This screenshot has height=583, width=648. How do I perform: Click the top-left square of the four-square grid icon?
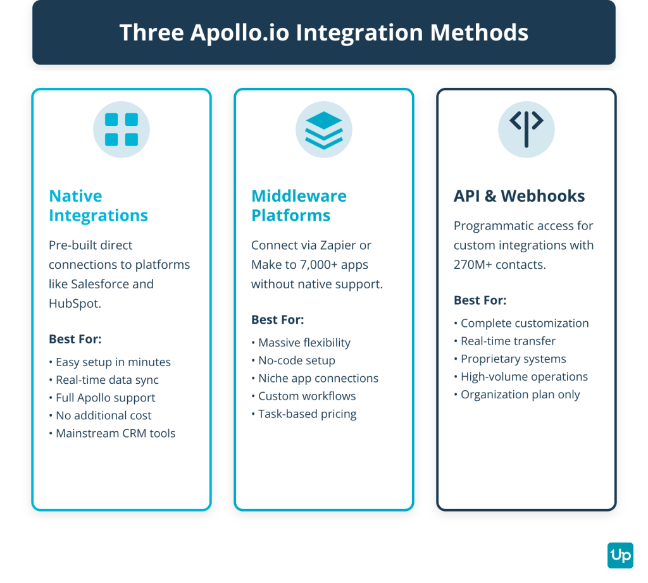tap(111, 120)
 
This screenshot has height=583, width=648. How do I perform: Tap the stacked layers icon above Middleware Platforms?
tap(324, 130)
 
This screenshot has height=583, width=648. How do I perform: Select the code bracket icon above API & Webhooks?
tap(526, 129)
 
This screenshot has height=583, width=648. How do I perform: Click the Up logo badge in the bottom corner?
tap(620, 555)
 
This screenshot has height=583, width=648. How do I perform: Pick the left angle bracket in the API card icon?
tap(515, 121)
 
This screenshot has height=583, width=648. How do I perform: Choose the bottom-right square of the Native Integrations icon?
tap(132, 140)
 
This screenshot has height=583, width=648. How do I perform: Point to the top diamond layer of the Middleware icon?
tap(324, 120)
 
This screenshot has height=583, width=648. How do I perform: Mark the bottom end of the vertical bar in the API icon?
tap(526, 145)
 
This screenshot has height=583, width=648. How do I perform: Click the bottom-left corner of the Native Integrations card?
tap(32, 510)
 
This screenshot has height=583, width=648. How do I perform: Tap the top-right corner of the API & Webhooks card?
tap(616, 89)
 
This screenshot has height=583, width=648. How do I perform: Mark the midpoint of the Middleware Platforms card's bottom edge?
tap(324, 510)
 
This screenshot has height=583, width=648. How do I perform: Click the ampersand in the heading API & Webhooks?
tap(490, 196)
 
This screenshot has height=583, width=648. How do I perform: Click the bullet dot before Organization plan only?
tap(456, 395)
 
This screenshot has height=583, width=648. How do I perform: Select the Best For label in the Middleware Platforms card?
tap(278, 319)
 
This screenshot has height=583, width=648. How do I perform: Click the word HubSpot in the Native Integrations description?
tap(75, 304)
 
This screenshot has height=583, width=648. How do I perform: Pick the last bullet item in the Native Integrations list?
tap(113, 433)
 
